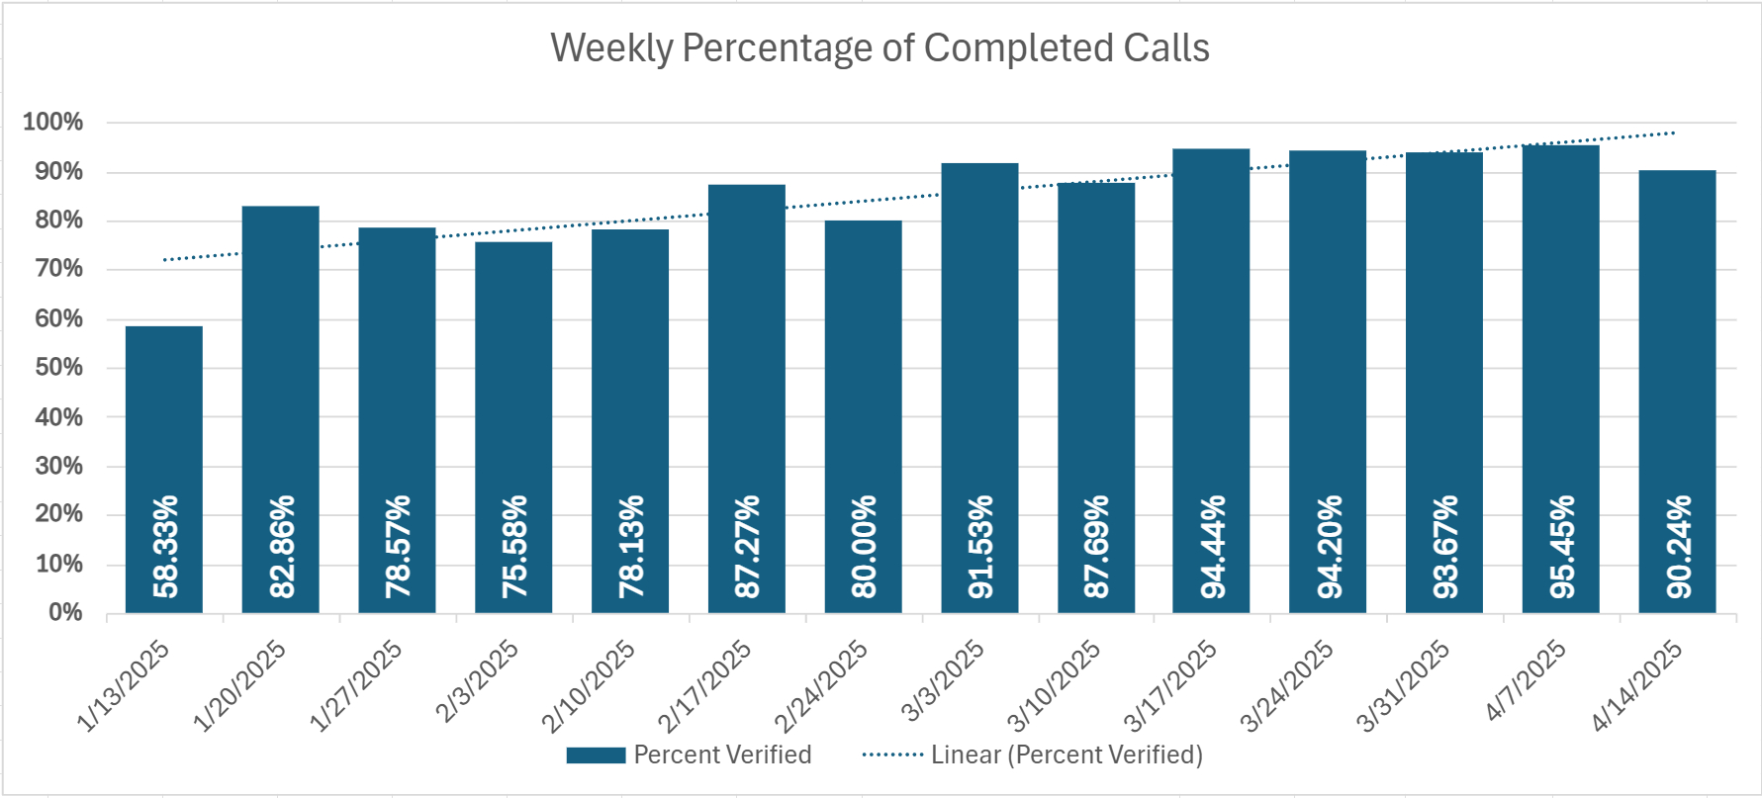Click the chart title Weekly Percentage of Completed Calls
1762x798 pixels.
(x=880, y=47)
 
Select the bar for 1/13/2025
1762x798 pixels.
(x=164, y=415)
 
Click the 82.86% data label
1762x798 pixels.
(x=282, y=546)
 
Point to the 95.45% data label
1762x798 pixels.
(x=1562, y=546)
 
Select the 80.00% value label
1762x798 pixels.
(x=864, y=546)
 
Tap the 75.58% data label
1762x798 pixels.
(x=514, y=546)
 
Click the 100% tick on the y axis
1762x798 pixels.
(x=53, y=123)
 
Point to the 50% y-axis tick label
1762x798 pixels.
(x=58, y=368)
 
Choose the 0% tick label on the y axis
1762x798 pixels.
(x=65, y=613)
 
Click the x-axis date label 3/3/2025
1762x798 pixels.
(x=943, y=681)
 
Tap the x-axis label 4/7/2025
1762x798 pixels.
(x=1526, y=681)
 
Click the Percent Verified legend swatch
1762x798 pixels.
(x=596, y=755)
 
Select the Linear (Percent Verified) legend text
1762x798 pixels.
(x=1066, y=755)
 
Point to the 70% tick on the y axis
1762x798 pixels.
(x=58, y=270)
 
